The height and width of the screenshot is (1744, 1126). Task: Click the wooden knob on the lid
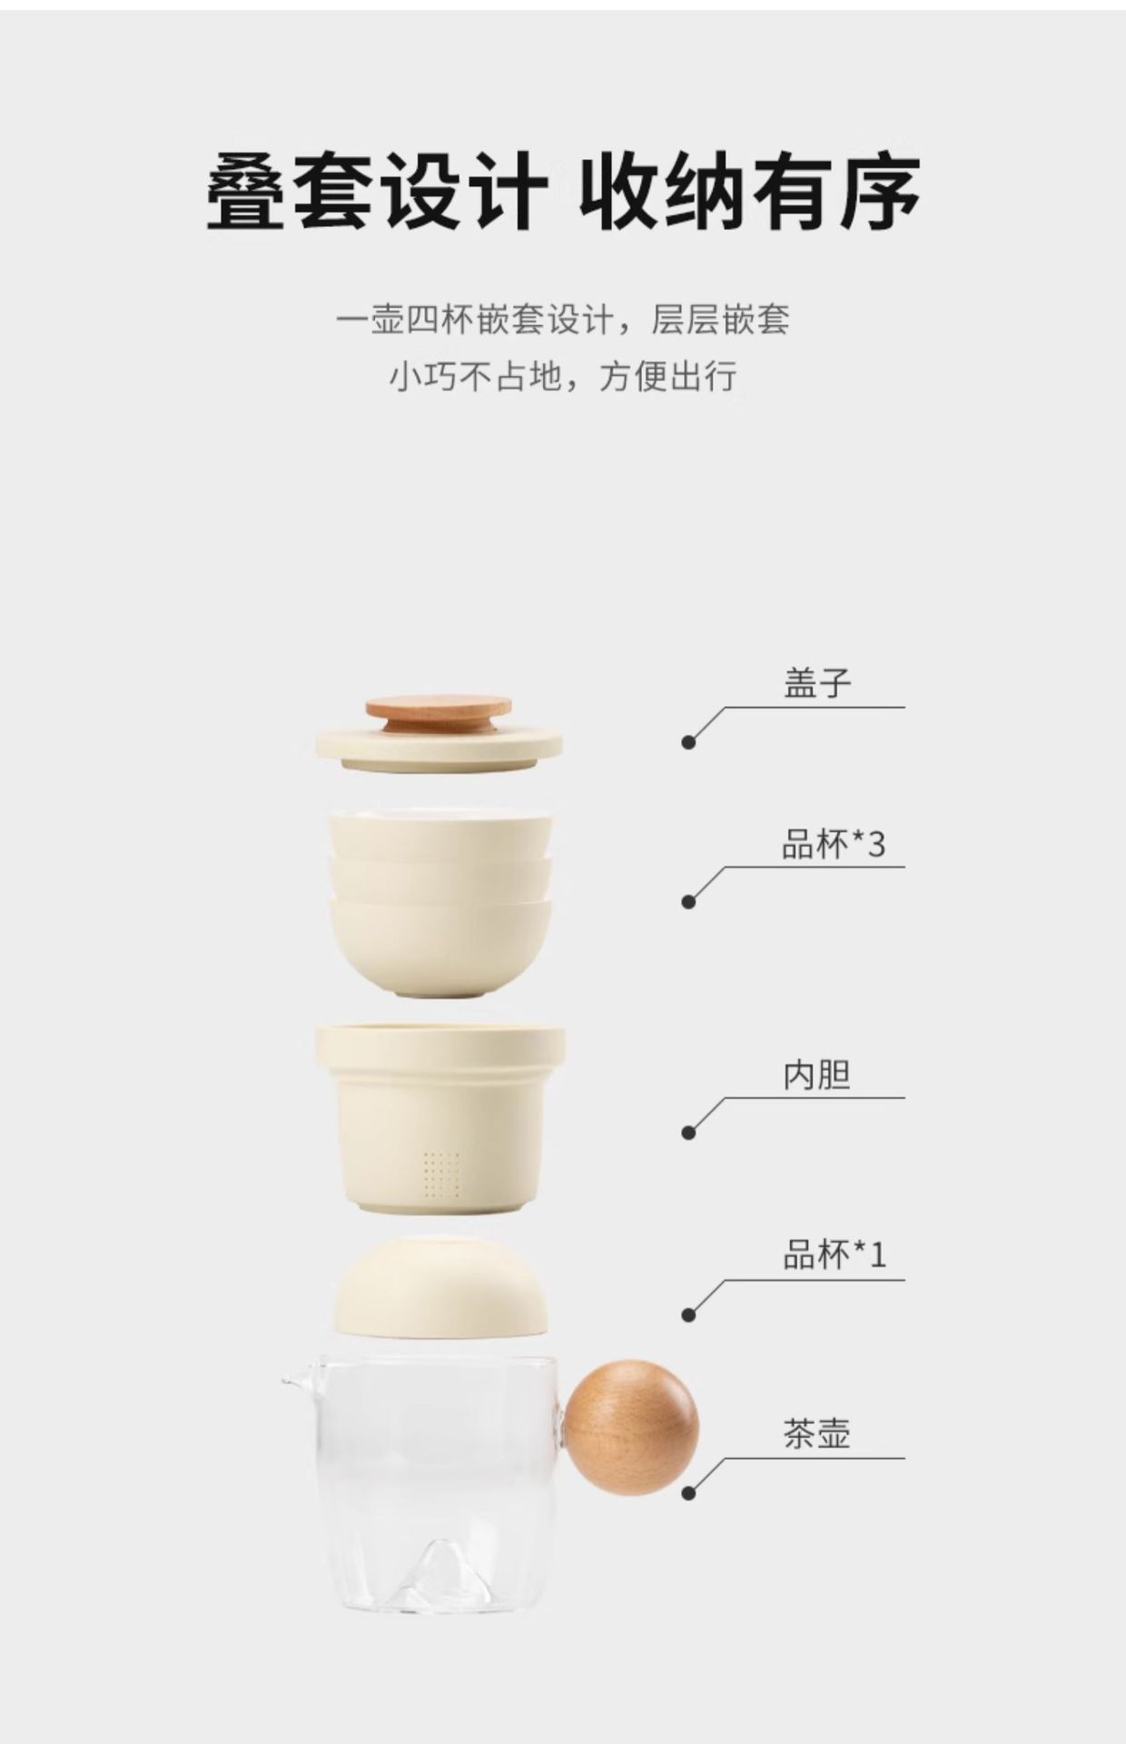[439, 714]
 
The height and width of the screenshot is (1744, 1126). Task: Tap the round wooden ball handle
[631, 1427]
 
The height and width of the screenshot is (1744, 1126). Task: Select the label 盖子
[817, 683]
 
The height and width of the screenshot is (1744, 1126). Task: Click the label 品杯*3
[833, 845]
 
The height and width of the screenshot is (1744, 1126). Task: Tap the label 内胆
[817, 1075]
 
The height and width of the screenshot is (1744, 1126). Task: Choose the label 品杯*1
[834, 1254]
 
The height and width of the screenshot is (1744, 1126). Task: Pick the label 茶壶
[817, 1434]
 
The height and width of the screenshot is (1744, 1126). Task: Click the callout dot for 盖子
[688, 742]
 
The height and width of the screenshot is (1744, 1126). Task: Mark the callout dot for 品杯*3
[688, 902]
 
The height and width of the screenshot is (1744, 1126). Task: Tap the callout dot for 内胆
[688, 1133]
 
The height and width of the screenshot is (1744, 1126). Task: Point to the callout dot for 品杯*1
[688, 1314]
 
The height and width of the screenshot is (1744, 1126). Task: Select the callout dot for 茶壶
[688, 1493]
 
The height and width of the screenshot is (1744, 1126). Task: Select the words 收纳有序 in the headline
[750, 193]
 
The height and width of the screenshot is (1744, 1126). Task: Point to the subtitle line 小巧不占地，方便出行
[563, 375]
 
